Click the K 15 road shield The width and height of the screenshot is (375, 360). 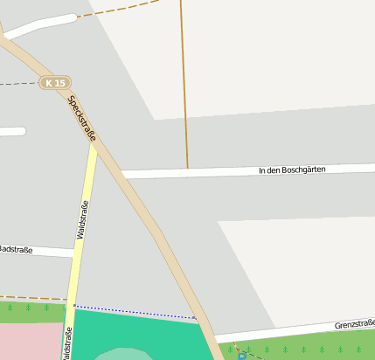pyautogui.click(x=54, y=83)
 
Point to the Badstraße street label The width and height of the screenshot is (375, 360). pyautogui.click(x=17, y=250)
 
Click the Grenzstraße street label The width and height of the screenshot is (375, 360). pyautogui.click(x=354, y=325)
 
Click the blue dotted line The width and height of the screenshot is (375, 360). pyautogui.click(x=131, y=311)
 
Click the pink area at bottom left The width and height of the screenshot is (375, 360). pyautogui.click(x=26, y=341)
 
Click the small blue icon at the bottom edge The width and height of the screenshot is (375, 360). pyautogui.click(x=242, y=356)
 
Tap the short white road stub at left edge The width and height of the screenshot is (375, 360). pyautogui.click(x=12, y=132)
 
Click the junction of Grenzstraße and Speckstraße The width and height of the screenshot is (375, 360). pyautogui.click(x=212, y=337)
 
